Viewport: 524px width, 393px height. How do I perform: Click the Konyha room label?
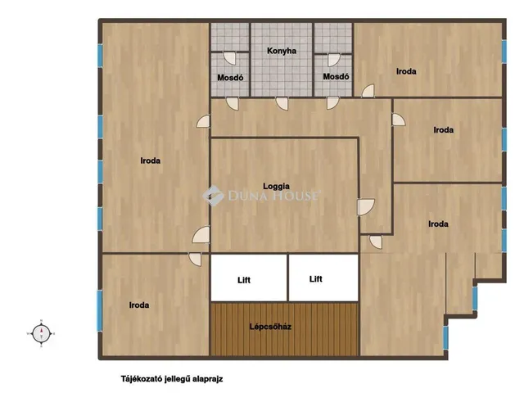[x=282, y=51]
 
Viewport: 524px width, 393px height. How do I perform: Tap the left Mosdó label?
[x=230, y=78]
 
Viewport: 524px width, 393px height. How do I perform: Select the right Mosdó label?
[x=336, y=77]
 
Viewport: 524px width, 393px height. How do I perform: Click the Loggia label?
[x=277, y=187]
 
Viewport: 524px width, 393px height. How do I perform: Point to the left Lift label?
[x=244, y=280]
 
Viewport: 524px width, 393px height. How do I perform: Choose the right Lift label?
[x=316, y=279]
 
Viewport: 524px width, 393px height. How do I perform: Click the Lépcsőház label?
[x=270, y=327]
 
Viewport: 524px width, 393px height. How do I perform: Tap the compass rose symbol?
[x=41, y=333]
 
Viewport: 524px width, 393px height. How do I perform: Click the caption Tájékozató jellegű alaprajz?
[x=172, y=379]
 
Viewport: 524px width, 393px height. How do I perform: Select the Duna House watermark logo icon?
[x=213, y=196]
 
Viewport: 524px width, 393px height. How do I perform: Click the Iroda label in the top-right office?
[x=406, y=71]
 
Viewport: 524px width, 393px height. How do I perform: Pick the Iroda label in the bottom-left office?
[x=139, y=305]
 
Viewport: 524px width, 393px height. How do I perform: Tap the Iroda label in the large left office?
[x=151, y=160]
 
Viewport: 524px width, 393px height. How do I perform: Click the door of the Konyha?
[x=282, y=103]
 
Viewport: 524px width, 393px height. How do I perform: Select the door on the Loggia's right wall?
[x=366, y=207]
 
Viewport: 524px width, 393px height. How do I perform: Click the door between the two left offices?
[x=195, y=260]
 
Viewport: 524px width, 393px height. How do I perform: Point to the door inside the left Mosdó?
[x=229, y=58]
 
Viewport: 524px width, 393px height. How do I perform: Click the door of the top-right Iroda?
[x=368, y=91]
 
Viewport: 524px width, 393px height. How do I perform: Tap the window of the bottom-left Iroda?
[x=100, y=310]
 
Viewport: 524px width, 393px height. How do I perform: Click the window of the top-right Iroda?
[x=504, y=51]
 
